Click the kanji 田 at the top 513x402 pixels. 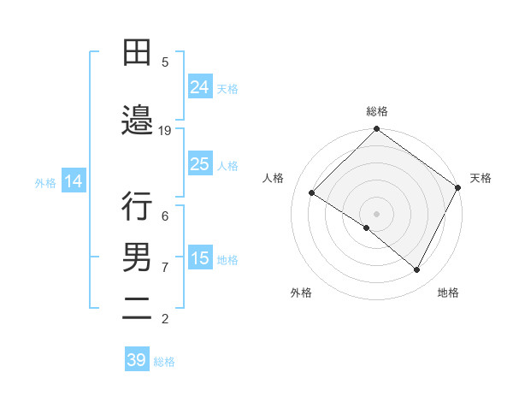pos(137,53)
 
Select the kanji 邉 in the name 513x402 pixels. pos(137,121)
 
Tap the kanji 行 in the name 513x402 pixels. pos(137,206)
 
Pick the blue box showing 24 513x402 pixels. pos(199,87)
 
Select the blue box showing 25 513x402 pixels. pos(199,164)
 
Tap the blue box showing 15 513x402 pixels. pos(199,258)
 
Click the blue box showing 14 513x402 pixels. pos(74,181)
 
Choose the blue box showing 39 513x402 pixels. pos(136,360)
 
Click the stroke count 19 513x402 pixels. pos(165,130)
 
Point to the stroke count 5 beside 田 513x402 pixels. pos(165,62)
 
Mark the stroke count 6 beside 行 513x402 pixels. pos(165,216)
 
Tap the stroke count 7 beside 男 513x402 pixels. pos(165,267)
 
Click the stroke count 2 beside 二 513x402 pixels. pos(165,319)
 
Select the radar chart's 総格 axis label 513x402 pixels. pos(376,111)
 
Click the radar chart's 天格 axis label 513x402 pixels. pos(481,178)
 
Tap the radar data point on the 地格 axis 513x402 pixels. pos(417,270)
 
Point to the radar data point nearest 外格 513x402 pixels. pos(367,228)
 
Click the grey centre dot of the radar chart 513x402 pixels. pos(376,213)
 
